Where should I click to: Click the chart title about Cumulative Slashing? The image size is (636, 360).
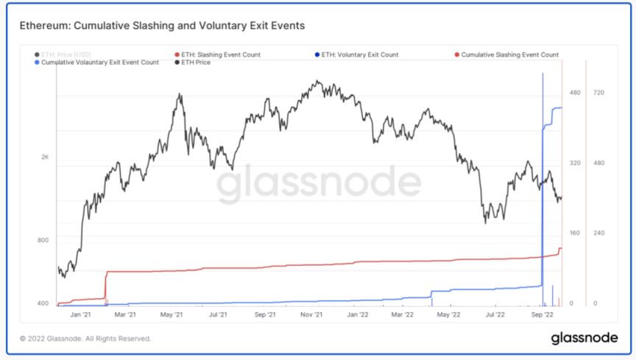tap(162, 26)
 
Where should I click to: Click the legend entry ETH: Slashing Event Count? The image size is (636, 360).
tap(220, 54)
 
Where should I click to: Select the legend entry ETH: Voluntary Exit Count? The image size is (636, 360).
tap(360, 54)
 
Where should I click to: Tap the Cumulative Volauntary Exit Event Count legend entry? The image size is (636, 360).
tap(99, 63)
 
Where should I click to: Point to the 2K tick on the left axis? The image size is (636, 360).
tap(45, 158)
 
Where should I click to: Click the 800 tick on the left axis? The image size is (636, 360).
tap(43, 240)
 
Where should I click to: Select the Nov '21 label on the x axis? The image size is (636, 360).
tap(311, 314)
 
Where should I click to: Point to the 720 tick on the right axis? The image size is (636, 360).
tap(598, 93)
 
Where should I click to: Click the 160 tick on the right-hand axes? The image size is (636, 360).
tap(575, 233)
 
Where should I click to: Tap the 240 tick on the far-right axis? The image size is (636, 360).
tap(598, 233)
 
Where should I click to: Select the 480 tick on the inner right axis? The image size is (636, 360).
tap(575, 93)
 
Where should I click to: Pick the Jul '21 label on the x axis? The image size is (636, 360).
tap(218, 314)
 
